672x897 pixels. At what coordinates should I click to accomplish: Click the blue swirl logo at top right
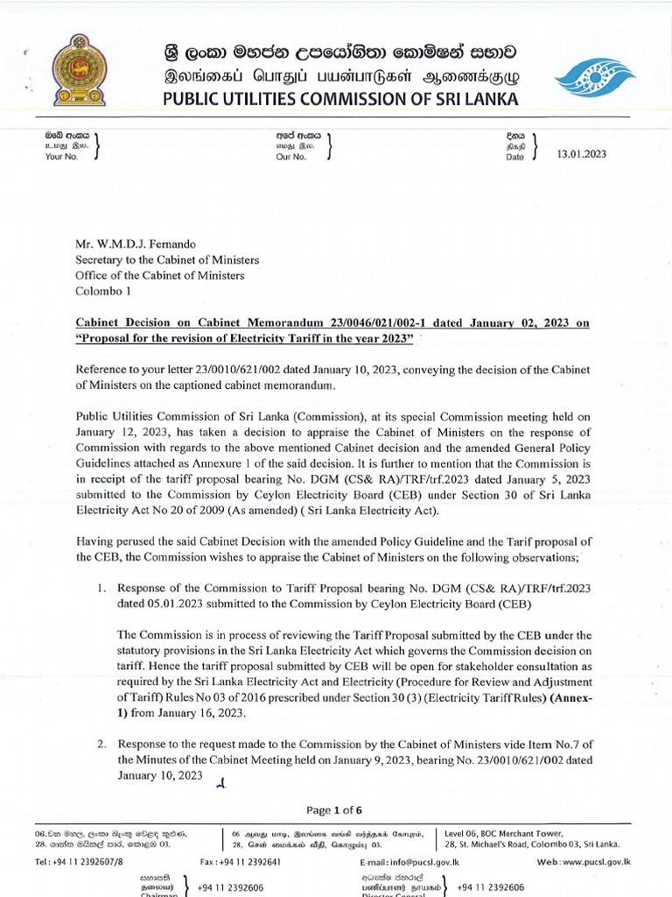click(x=597, y=77)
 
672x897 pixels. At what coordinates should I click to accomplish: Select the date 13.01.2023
click(x=581, y=154)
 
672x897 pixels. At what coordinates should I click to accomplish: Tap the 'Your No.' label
click(x=61, y=157)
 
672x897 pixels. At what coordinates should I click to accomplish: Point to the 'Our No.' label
click(x=291, y=157)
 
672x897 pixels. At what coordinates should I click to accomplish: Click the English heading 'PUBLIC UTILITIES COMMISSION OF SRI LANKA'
click(x=340, y=98)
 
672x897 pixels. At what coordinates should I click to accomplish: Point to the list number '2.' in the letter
click(x=102, y=744)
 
